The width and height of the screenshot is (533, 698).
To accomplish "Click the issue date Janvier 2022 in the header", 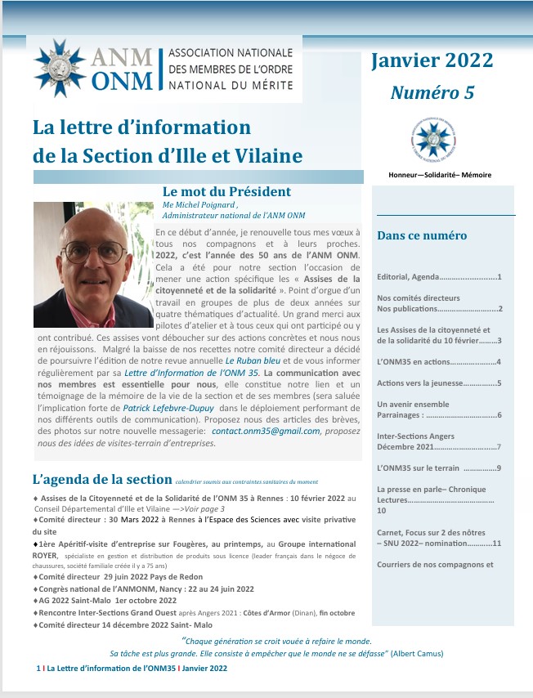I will [x=432, y=60].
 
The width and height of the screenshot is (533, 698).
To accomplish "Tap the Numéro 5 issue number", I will [x=432, y=92].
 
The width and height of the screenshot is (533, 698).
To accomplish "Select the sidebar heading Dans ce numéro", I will [x=422, y=235].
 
